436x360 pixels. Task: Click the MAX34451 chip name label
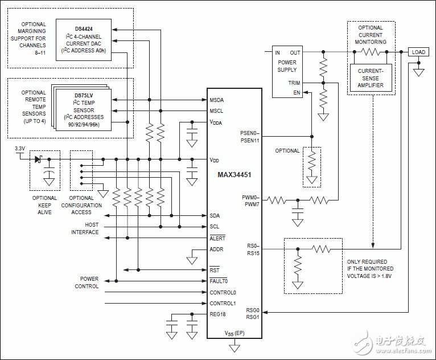(234, 175)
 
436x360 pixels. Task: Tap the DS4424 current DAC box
(84, 40)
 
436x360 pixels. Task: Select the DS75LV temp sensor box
(84, 109)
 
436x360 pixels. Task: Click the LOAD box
(418, 52)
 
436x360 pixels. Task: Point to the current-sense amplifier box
(371, 78)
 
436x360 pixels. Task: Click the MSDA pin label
(217, 100)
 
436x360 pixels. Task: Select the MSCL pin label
(216, 111)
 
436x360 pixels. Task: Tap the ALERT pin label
(217, 238)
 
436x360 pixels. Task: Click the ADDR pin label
(216, 249)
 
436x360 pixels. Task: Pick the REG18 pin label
(217, 314)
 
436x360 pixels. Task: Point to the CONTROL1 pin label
(223, 303)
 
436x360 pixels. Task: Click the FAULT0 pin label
(219, 281)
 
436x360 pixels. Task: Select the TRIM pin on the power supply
(294, 83)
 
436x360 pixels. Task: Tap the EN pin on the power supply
(297, 93)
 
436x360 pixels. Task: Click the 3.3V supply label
(20, 149)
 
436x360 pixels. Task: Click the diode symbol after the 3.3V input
(38, 159)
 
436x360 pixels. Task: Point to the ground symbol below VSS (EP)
(234, 348)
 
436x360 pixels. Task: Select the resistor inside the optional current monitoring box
(371, 52)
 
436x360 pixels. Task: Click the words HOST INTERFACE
(85, 228)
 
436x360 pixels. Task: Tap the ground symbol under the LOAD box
(418, 72)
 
